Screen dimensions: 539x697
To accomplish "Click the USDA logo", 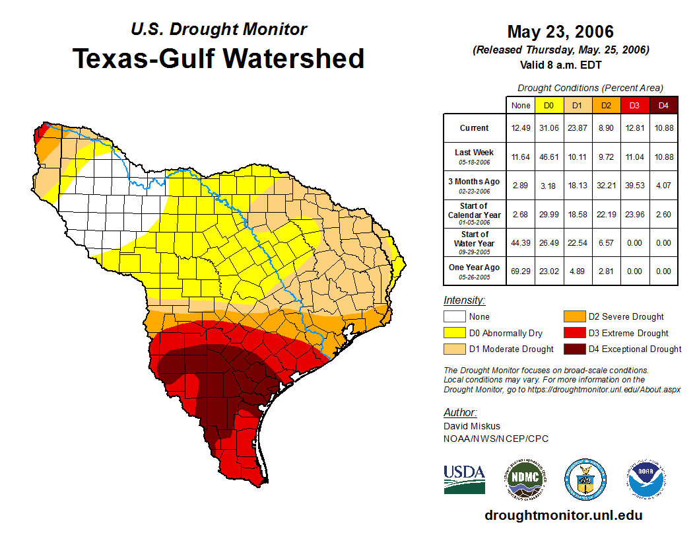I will [464, 479].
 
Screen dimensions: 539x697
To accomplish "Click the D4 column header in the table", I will [663, 106].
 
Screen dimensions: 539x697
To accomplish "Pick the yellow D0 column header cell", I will [548, 106].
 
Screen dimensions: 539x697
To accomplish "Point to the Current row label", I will [475, 128].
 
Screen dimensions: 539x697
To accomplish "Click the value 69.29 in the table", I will [521, 271].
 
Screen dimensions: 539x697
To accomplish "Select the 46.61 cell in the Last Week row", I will [548, 157].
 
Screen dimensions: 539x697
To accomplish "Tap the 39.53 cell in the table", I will [635, 185].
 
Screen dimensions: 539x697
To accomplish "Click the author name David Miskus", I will [472, 426].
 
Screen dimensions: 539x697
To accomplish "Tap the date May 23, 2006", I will [560, 32].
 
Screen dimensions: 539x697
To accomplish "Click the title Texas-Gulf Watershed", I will [218, 58].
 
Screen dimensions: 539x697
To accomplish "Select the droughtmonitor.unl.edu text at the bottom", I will [563, 515].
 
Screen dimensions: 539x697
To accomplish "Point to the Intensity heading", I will [464, 301].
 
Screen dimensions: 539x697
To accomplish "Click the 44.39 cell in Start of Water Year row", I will [521, 242].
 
